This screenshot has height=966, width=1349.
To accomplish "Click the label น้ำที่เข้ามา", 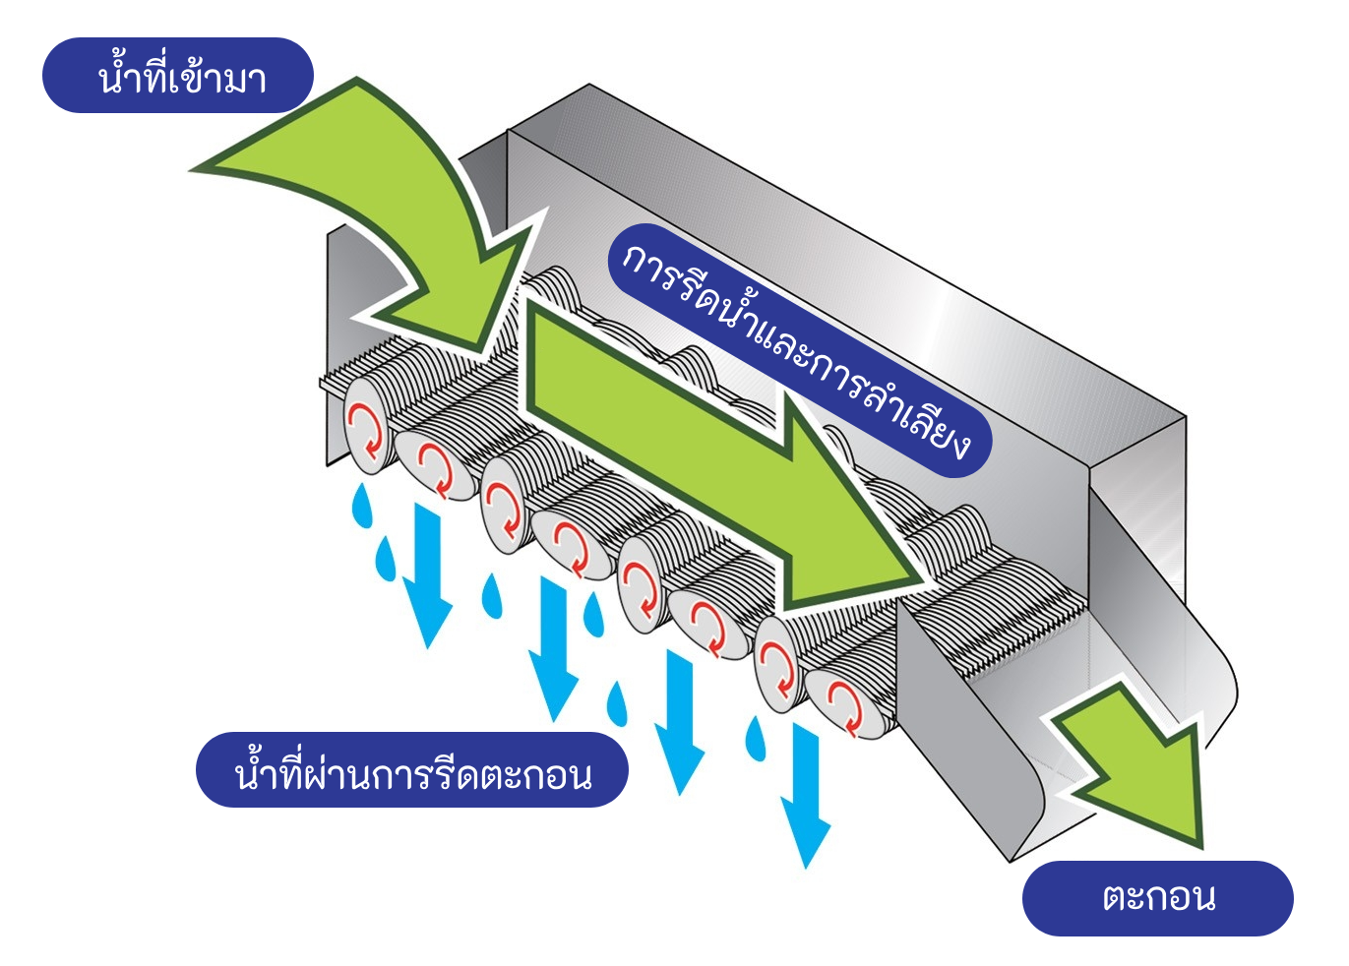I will (x=178, y=76).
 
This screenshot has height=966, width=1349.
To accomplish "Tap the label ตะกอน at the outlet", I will (x=1157, y=898).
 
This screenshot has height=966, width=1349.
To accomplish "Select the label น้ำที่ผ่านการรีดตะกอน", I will (x=411, y=770).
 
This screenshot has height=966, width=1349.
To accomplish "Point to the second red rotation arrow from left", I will (x=434, y=468).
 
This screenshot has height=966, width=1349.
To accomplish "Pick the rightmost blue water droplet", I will (x=756, y=737).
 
